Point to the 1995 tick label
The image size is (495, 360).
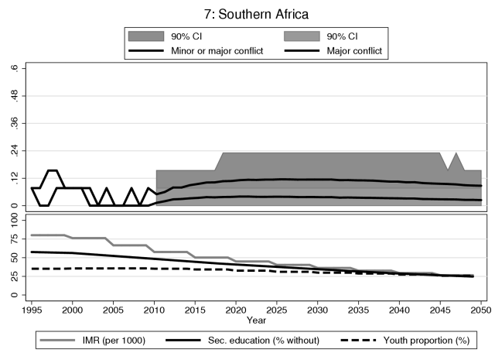pos(32,309)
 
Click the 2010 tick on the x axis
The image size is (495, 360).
pos(155,309)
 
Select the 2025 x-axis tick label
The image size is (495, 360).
pos(277,309)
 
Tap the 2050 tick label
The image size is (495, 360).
pos(481,309)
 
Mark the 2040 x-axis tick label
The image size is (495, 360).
pos(399,309)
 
